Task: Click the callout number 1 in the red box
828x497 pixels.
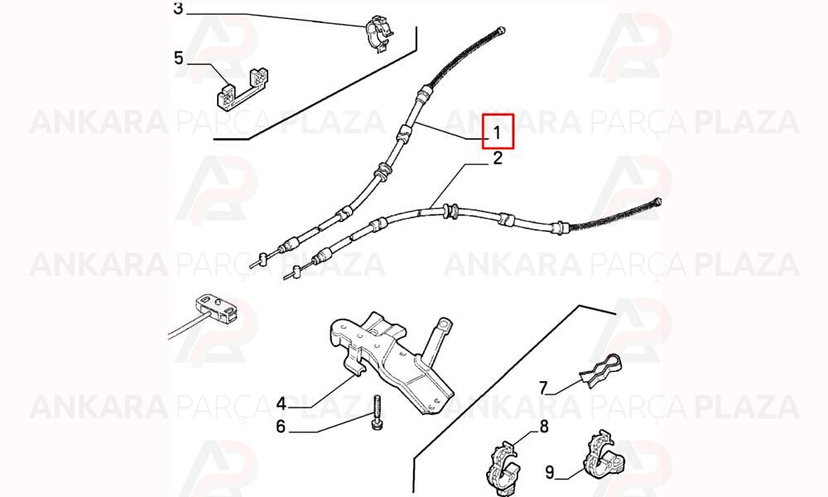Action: pos(497,133)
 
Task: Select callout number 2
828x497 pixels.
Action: pos(498,158)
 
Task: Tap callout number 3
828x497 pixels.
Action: pos(178,9)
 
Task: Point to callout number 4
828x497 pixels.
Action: pos(282,404)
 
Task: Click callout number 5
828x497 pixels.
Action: pos(179,58)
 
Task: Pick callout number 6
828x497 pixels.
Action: pos(281,427)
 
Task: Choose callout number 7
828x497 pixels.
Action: pos(543,388)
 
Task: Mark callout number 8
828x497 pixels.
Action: pos(544,426)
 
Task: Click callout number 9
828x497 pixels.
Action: pos(550,471)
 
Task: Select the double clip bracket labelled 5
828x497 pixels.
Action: pos(243,89)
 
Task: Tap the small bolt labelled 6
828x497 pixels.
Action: pos(378,413)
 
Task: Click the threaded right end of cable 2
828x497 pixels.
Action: pos(657,202)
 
